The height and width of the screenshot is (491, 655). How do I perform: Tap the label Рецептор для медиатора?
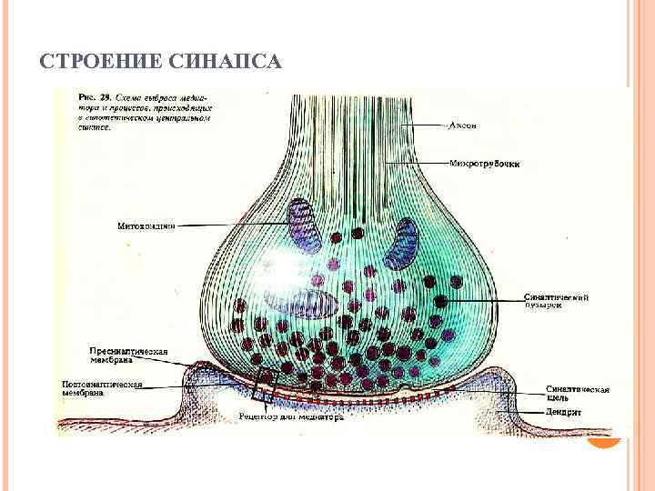tap(289, 417)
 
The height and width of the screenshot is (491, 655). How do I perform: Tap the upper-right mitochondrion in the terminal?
tap(400, 245)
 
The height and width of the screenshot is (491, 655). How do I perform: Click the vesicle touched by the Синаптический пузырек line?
tap(441, 300)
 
